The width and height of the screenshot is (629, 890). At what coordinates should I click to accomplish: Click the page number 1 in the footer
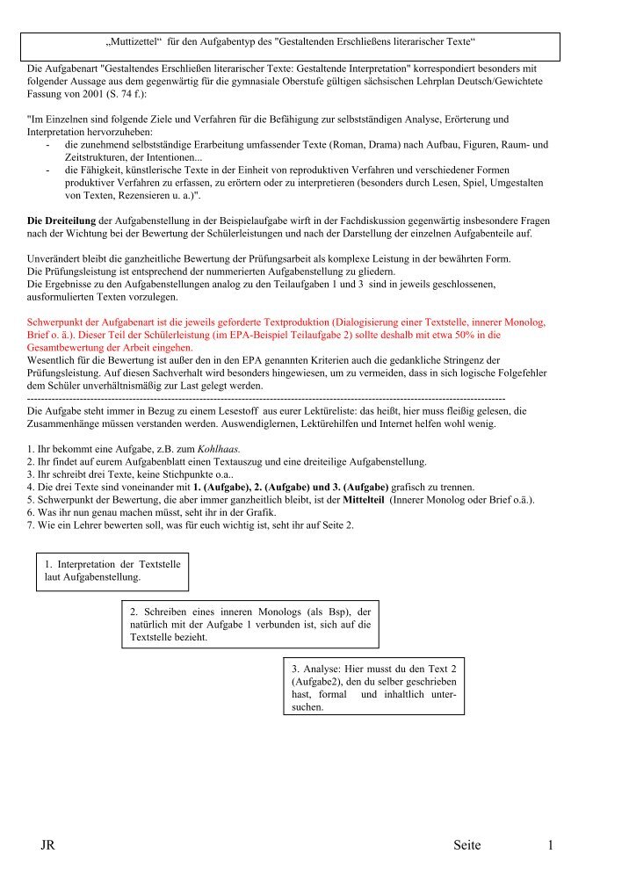pos(550,845)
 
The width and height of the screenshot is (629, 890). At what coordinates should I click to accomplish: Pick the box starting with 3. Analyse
pos(374,687)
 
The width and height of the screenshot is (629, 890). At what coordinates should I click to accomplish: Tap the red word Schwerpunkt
pos(58,322)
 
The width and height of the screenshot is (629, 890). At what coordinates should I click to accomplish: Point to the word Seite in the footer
pos(467,845)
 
